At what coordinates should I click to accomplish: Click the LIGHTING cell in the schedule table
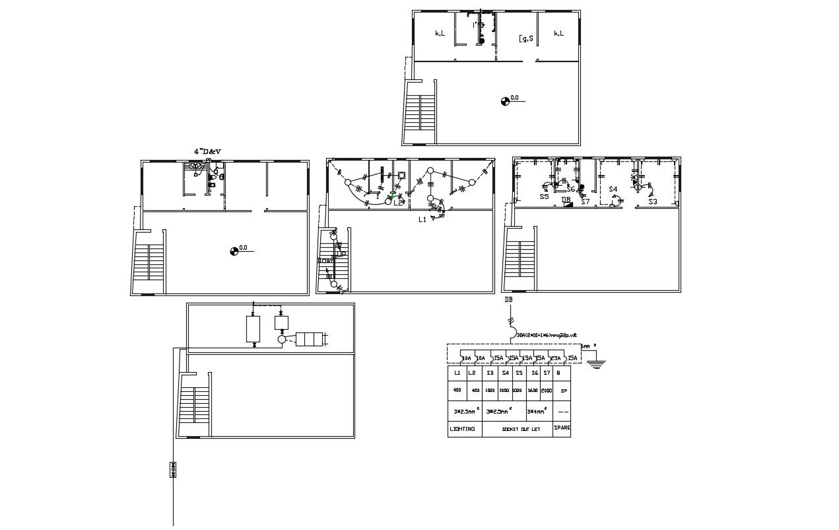tap(462, 430)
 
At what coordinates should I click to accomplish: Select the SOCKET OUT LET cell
tap(518, 430)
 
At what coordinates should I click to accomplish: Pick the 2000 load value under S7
tap(547, 391)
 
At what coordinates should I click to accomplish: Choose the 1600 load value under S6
tap(533, 391)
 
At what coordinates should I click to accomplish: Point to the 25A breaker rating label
tap(556, 358)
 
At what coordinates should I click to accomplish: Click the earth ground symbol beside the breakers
tap(596, 361)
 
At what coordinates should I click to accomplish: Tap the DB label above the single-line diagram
tap(508, 300)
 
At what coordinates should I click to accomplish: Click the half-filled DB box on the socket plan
tap(568, 204)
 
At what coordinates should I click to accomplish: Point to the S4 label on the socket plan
tap(613, 190)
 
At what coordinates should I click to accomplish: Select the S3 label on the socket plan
tap(652, 202)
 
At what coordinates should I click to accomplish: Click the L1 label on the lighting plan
tap(422, 219)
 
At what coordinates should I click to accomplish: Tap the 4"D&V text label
tap(207, 151)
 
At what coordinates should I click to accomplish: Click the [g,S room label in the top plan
tap(526, 38)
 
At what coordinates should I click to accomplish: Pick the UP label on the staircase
tap(341, 254)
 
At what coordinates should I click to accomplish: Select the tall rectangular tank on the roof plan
tap(253, 329)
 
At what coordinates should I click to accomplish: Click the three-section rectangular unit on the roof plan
tap(309, 339)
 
